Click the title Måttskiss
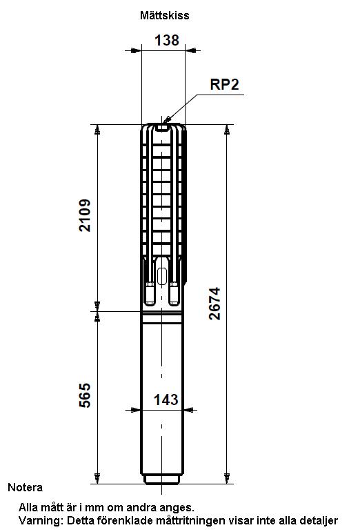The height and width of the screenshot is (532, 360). click(x=164, y=15)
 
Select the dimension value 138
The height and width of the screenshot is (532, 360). click(x=167, y=41)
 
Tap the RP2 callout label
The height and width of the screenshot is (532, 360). click(x=224, y=84)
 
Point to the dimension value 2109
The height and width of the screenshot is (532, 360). click(x=85, y=215)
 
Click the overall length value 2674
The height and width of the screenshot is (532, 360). click(x=214, y=304)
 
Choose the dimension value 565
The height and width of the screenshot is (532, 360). click(x=85, y=395)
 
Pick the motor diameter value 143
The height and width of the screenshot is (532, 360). click(x=166, y=400)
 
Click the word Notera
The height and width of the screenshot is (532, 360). click(x=26, y=488)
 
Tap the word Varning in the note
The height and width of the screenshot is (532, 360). click(x=40, y=520)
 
